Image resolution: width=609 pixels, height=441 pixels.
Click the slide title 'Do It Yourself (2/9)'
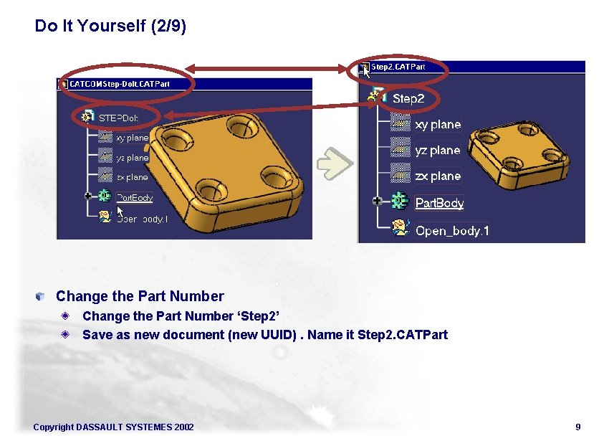click(x=110, y=27)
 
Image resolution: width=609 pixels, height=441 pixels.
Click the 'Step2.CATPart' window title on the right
click(x=398, y=67)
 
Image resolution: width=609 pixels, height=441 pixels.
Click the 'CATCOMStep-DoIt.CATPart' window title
click(x=120, y=84)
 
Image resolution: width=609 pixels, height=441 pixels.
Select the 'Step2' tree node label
click(x=408, y=98)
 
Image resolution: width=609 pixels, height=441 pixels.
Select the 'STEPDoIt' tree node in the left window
click(x=118, y=117)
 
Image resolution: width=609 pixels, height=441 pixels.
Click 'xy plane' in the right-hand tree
click(x=437, y=125)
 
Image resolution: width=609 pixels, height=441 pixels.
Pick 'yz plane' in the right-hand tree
click(x=437, y=151)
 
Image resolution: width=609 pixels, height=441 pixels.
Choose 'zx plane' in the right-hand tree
click(x=437, y=176)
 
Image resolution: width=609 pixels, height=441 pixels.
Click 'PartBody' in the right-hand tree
click(x=439, y=203)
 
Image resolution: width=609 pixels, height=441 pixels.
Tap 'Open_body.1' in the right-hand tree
click(x=452, y=231)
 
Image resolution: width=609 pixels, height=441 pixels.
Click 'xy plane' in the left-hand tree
click(x=132, y=138)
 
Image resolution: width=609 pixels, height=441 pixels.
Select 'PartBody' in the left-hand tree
click(x=135, y=197)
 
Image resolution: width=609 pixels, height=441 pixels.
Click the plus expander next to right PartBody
click(x=377, y=201)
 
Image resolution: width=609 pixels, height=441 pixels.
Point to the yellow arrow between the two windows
click(x=335, y=163)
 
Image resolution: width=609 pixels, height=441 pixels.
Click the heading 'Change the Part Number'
click(x=140, y=296)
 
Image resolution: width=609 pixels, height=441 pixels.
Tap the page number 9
click(x=577, y=427)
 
